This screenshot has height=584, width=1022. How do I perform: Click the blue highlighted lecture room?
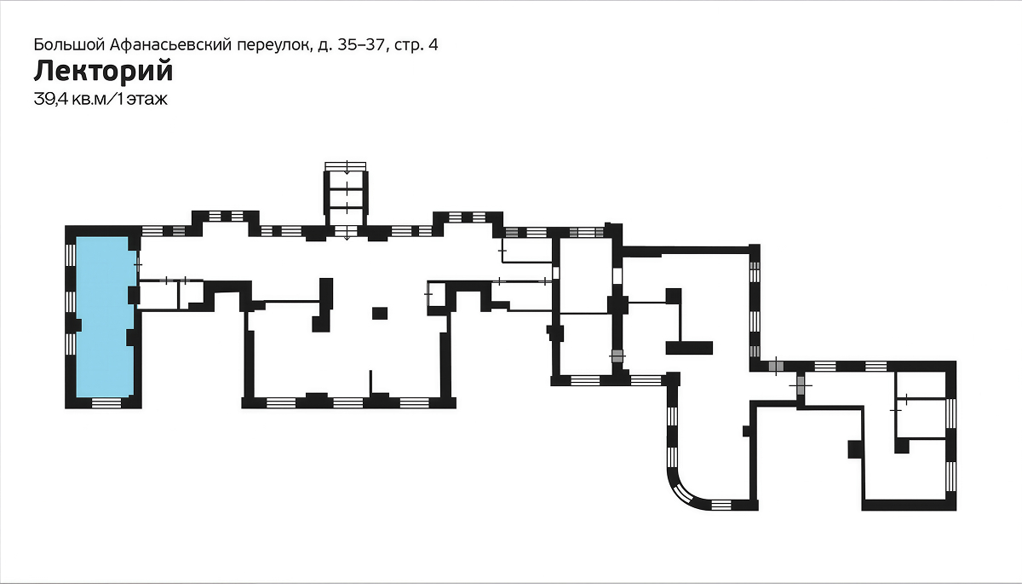pos(105,316)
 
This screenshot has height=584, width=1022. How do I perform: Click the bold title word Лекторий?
pos(104,72)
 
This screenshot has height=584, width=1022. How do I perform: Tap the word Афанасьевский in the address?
pos(171,44)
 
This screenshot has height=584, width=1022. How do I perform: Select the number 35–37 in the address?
pos(360,44)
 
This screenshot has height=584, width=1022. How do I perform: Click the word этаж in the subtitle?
pos(146,100)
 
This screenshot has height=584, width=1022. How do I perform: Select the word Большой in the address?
pos(70,44)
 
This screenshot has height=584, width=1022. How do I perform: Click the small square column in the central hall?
pos(380,313)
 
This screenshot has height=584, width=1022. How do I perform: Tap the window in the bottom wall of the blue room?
pos(106,402)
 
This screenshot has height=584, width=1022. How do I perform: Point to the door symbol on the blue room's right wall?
pos(138,264)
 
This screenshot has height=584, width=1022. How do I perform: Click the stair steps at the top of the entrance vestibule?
pos(346,166)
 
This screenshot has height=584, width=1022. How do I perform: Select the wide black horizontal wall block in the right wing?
pos(689,348)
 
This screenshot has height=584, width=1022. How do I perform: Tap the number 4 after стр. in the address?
pos(433,44)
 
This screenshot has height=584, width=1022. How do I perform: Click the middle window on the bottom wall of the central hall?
pos(348,402)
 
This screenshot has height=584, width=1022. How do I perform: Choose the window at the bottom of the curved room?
pos(721,505)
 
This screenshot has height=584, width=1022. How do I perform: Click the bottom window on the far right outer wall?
pos(950,477)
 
